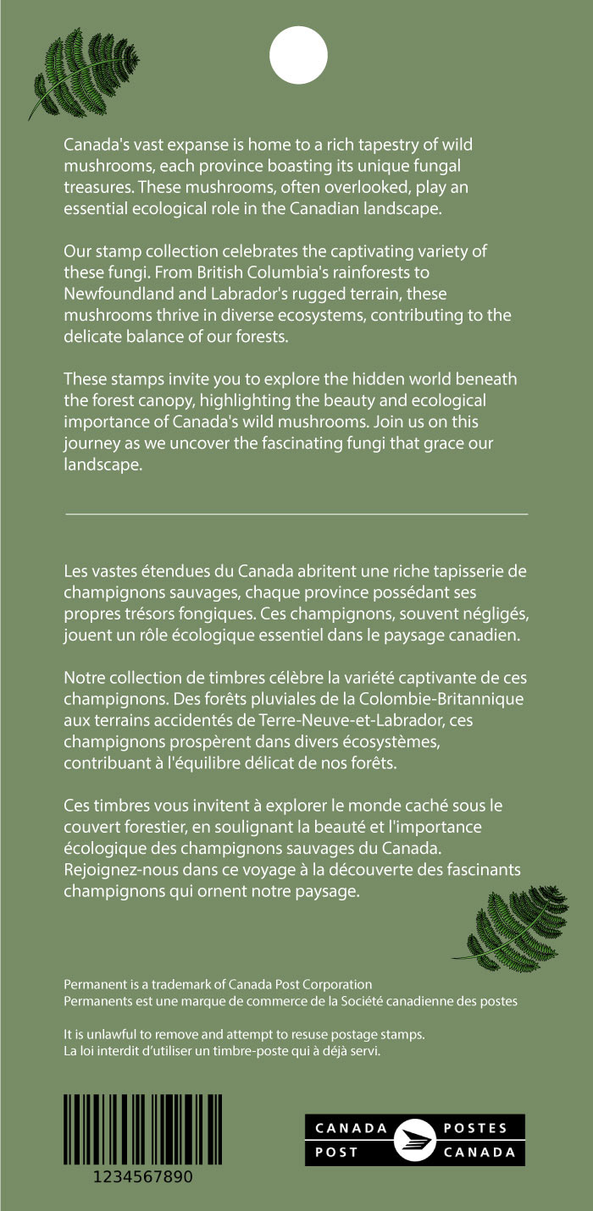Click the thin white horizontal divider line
tap(296, 514)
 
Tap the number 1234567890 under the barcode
tap(143, 1177)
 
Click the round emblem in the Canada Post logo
tap(415, 1139)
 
